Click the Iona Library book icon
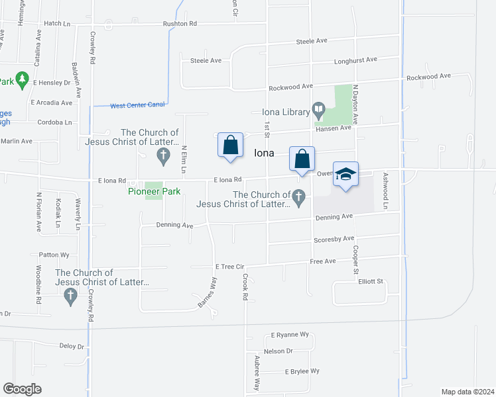coord(319,108)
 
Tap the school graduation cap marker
coord(345,174)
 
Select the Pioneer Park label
coord(154,191)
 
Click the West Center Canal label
coord(137,105)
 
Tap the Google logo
coord(22,388)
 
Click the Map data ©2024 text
coord(467,392)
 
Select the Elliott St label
coord(371,281)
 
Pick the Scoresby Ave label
coord(335,239)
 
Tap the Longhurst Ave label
coord(357,60)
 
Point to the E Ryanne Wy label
coord(290,335)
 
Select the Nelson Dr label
coord(279,351)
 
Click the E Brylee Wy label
coord(303,371)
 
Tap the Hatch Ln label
coord(56,22)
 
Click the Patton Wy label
coord(54,254)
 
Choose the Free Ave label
coord(323,262)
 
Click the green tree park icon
coord(23,80)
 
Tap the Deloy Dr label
coord(72,346)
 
